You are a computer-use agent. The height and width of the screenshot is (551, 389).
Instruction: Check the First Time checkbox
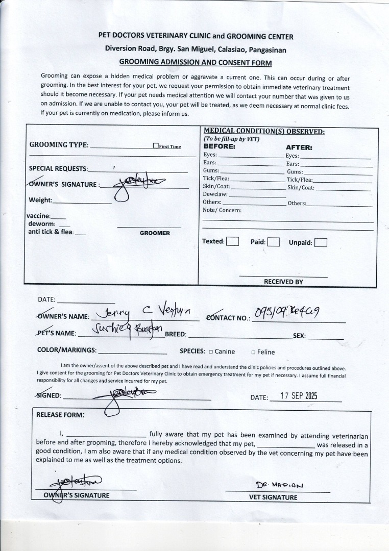pos(156,146)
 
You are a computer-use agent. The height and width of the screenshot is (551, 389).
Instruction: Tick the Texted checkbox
pos(232,241)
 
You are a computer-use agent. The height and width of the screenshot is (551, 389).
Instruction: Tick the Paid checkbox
pos(274,242)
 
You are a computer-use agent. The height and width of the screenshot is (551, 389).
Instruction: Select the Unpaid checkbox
pos(321,242)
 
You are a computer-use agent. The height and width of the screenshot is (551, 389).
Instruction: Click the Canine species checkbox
pos(210,352)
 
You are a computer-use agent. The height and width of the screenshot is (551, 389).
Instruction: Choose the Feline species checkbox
pos(253,352)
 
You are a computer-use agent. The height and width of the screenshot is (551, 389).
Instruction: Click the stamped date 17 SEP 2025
pos(299,396)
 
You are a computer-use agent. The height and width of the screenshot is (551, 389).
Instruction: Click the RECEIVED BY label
pos(283,282)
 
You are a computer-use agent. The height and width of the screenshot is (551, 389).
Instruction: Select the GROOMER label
pos(155,233)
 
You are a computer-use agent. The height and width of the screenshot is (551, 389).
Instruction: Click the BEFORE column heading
pos(220,147)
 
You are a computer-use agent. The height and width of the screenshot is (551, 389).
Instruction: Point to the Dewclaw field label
pos(215,194)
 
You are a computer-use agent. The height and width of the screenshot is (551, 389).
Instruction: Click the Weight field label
pos(41,200)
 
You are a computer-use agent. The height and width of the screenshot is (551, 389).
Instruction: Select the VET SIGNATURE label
pos(273,497)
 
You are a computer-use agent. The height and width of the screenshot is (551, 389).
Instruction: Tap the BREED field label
pos(176,335)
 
